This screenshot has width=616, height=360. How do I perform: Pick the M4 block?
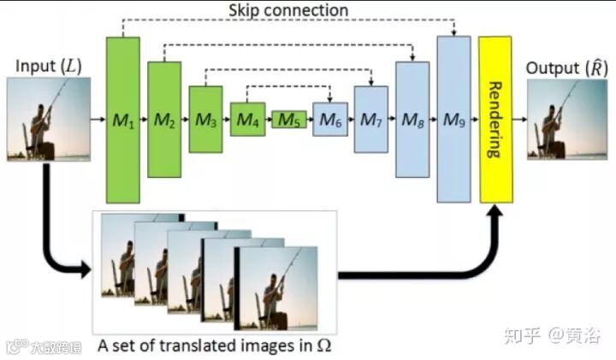coord(247,119)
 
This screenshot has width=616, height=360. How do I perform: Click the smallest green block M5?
coord(288,120)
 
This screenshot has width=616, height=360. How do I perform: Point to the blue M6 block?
coord(329,120)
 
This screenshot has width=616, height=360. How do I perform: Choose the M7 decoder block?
coord(370,119)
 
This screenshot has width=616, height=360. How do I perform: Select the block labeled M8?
coord(412,119)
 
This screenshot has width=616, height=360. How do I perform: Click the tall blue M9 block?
coord(453,119)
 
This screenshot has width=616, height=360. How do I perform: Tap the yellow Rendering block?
coord(495,119)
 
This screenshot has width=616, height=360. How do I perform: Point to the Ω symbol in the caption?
coord(323,345)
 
